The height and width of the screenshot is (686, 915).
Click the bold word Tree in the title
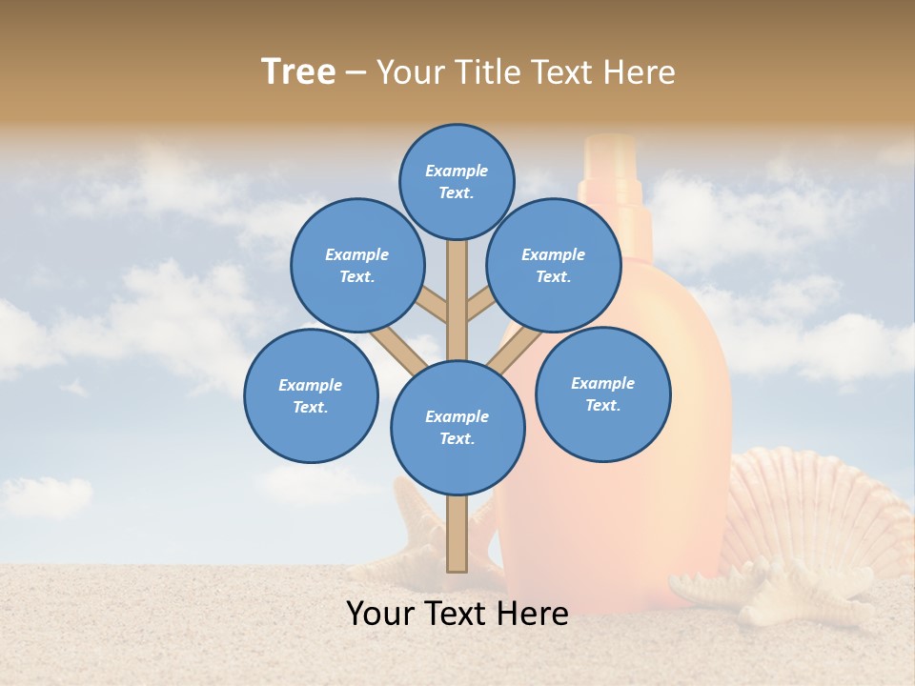tap(298, 71)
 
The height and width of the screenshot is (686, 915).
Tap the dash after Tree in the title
tap(356, 72)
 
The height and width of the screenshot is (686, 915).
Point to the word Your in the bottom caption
tap(381, 614)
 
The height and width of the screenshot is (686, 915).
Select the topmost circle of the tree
tap(457, 181)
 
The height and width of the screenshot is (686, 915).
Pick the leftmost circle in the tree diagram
tap(311, 395)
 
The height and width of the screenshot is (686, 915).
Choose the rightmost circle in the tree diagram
tap(603, 393)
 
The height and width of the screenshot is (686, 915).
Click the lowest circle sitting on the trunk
tap(457, 428)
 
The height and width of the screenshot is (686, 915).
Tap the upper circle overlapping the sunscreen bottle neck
tap(554, 265)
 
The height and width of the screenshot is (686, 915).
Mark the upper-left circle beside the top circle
tap(357, 265)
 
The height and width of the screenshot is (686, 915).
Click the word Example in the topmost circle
tap(457, 171)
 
